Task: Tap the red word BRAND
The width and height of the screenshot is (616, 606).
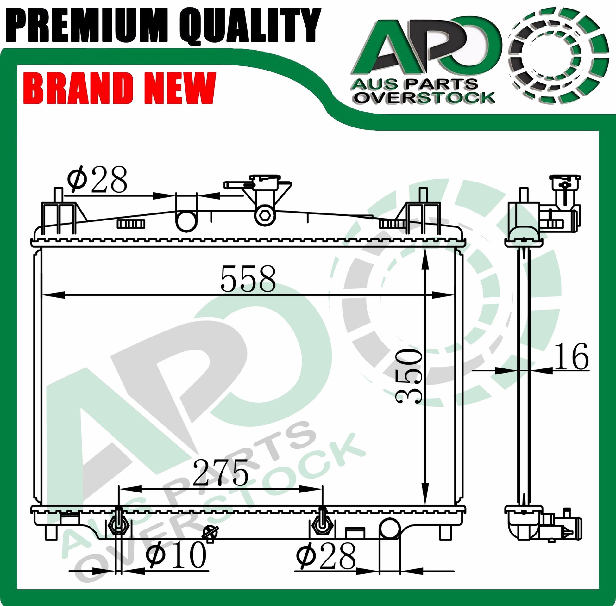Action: [x=80, y=88]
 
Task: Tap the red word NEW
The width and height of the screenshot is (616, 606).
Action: [x=180, y=88]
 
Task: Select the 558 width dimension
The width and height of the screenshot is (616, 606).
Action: [x=248, y=279]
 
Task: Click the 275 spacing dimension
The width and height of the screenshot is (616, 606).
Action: [x=220, y=472]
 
